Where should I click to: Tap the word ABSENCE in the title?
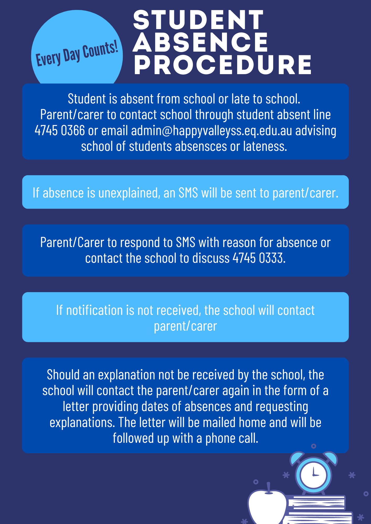[200, 42]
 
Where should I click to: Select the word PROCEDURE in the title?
[222, 65]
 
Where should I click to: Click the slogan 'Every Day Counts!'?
[77, 54]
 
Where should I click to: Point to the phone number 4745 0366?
[60, 130]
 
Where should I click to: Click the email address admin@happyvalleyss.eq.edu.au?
[211, 130]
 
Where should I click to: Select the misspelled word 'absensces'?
[201, 146]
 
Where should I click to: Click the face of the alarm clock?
[314, 475]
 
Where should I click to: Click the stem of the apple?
[268, 487]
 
